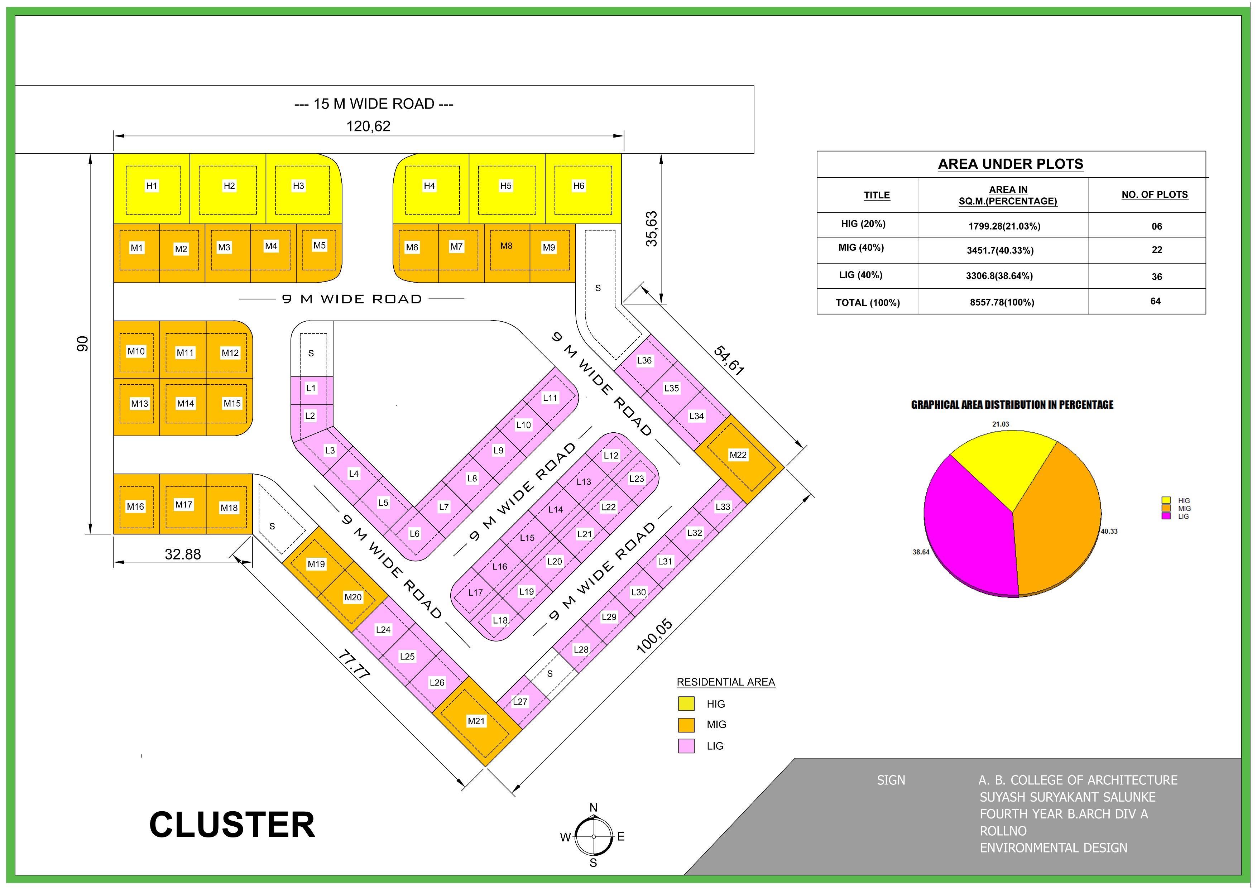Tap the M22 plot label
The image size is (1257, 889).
(x=738, y=455)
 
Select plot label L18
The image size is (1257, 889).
(x=500, y=620)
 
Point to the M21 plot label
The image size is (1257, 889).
(x=476, y=721)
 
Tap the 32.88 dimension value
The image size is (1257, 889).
(x=183, y=554)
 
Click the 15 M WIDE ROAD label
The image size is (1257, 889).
(x=374, y=104)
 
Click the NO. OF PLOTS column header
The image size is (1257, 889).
(x=1154, y=195)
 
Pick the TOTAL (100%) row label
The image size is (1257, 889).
(x=867, y=303)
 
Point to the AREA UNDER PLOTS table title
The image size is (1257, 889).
(x=1010, y=164)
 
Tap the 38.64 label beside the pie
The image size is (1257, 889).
(x=920, y=552)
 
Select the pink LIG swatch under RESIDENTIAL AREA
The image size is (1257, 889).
(x=686, y=746)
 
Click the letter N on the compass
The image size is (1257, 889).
(x=594, y=807)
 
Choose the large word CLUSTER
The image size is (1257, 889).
(x=232, y=825)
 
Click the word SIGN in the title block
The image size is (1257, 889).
(x=891, y=780)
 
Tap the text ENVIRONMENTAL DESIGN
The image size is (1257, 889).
(x=1053, y=848)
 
